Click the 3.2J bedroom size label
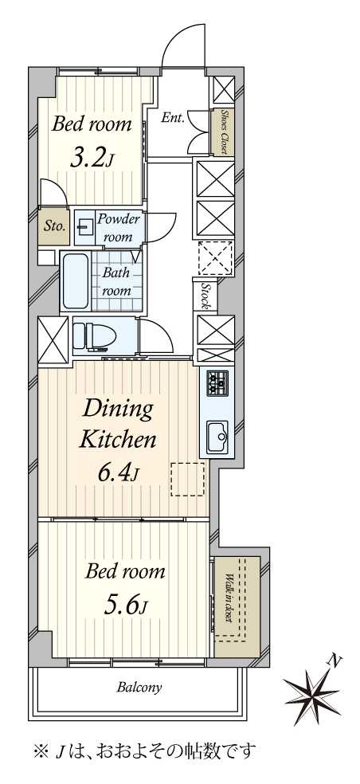92,159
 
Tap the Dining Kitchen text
119,424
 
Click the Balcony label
139,688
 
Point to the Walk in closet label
228,598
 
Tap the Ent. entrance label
173,119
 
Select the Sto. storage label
54,225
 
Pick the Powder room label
118,228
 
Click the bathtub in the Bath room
75,280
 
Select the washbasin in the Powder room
83,228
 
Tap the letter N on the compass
335,661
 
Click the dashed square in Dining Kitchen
187,479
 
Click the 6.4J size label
118,472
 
